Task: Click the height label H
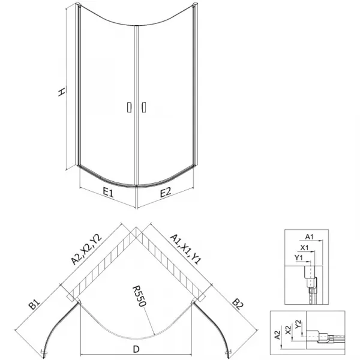[x=61, y=92]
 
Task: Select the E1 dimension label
[x=108, y=193]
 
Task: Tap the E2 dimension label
[x=166, y=193]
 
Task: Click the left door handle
[x=130, y=107]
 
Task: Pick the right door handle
[x=144, y=107]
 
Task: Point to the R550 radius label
[x=139, y=296]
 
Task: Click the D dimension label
[x=136, y=349]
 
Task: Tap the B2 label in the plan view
[x=238, y=304]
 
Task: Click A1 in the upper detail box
[x=309, y=236]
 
